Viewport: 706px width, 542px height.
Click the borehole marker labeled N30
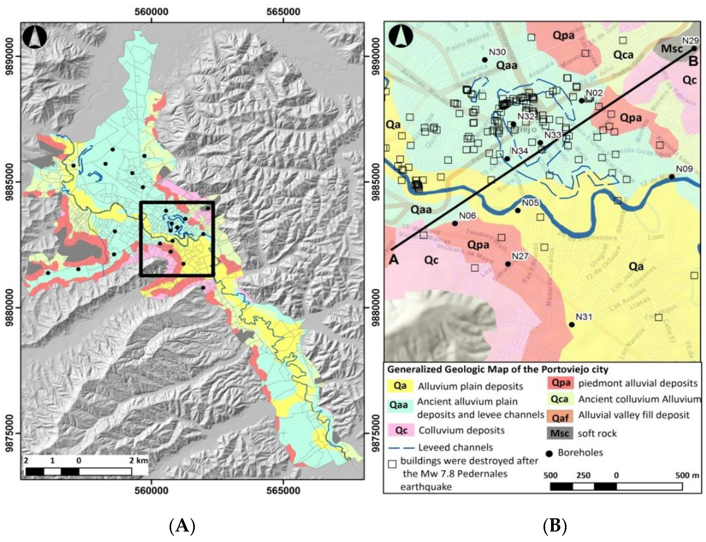click(x=484, y=60)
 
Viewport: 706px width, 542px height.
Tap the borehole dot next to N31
click(x=572, y=325)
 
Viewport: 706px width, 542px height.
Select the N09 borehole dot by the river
click(x=672, y=177)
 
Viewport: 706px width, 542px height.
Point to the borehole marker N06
click(x=455, y=223)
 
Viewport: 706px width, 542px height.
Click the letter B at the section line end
click(x=693, y=61)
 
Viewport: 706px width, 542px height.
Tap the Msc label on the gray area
click(x=672, y=49)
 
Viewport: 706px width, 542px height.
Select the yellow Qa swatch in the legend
click(x=400, y=386)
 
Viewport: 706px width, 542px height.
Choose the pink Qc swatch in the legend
click(x=401, y=430)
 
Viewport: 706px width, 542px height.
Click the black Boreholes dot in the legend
click(x=549, y=453)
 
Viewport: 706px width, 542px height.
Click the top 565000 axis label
click(x=283, y=12)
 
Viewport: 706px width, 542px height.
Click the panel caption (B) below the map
click(x=555, y=526)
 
